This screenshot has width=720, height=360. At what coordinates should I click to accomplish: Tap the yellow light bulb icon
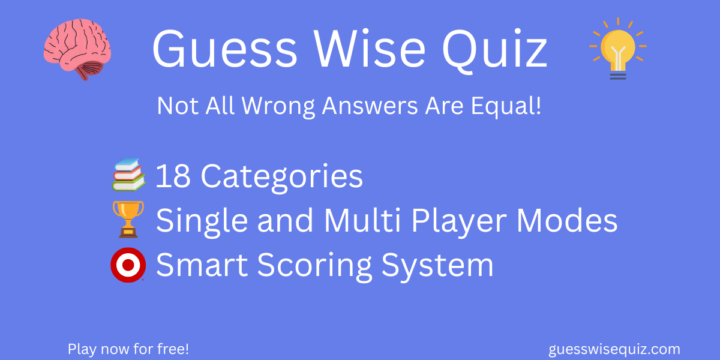pos(617,49)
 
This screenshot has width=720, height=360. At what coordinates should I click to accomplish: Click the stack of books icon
pos(128,175)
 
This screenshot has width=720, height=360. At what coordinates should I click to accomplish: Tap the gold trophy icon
pos(128,220)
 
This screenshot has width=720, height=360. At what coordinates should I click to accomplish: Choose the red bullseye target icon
pos(128,265)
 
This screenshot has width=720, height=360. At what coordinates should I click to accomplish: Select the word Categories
pos(281,176)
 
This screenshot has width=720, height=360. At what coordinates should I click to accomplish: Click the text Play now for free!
pos(128,349)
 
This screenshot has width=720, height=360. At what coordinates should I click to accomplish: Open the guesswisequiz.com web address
pos(614,349)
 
